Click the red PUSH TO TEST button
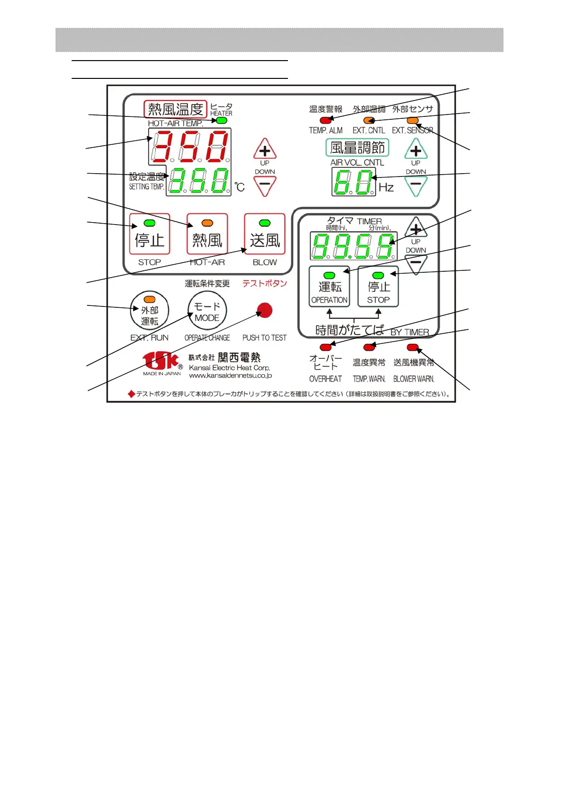click(x=264, y=310)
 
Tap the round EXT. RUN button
click(x=149, y=311)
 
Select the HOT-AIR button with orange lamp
click(x=207, y=234)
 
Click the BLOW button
click(x=265, y=234)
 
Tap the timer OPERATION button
click(x=329, y=287)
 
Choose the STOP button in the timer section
click(x=378, y=287)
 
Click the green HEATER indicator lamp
click(x=222, y=120)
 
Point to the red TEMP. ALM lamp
click(x=325, y=120)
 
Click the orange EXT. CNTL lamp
click(x=369, y=120)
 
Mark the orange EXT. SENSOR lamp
click(x=412, y=120)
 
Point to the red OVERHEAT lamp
click(x=325, y=347)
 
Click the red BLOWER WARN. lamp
click(x=412, y=347)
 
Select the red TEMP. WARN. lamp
click(x=369, y=347)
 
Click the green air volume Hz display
click(x=353, y=183)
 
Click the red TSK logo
click(x=161, y=361)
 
